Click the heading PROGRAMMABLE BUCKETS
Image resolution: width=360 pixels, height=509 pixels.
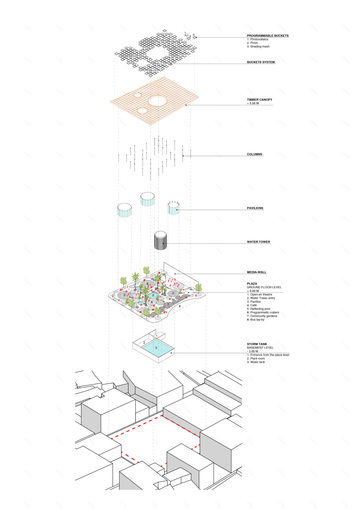(x=268, y=36)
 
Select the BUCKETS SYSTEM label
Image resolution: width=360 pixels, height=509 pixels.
(x=261, y=62)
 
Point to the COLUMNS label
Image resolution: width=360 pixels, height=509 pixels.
(x=254, y=155)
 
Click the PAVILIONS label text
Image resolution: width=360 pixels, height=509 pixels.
(x=255, y=208)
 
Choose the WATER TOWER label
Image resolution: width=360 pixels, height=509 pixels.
(x=258, y=242)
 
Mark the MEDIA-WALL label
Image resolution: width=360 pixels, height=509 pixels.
(x=257, y=272)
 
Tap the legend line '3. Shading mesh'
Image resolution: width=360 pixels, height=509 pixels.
(x=258, y=47)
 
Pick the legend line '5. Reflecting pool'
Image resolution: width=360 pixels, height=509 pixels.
(x=262, y=309)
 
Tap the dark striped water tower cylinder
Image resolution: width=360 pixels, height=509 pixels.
(x=160, y=241)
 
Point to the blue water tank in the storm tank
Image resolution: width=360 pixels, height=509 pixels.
(x=156, y=349)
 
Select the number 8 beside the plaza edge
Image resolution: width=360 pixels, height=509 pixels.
(x=179, y=305)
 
